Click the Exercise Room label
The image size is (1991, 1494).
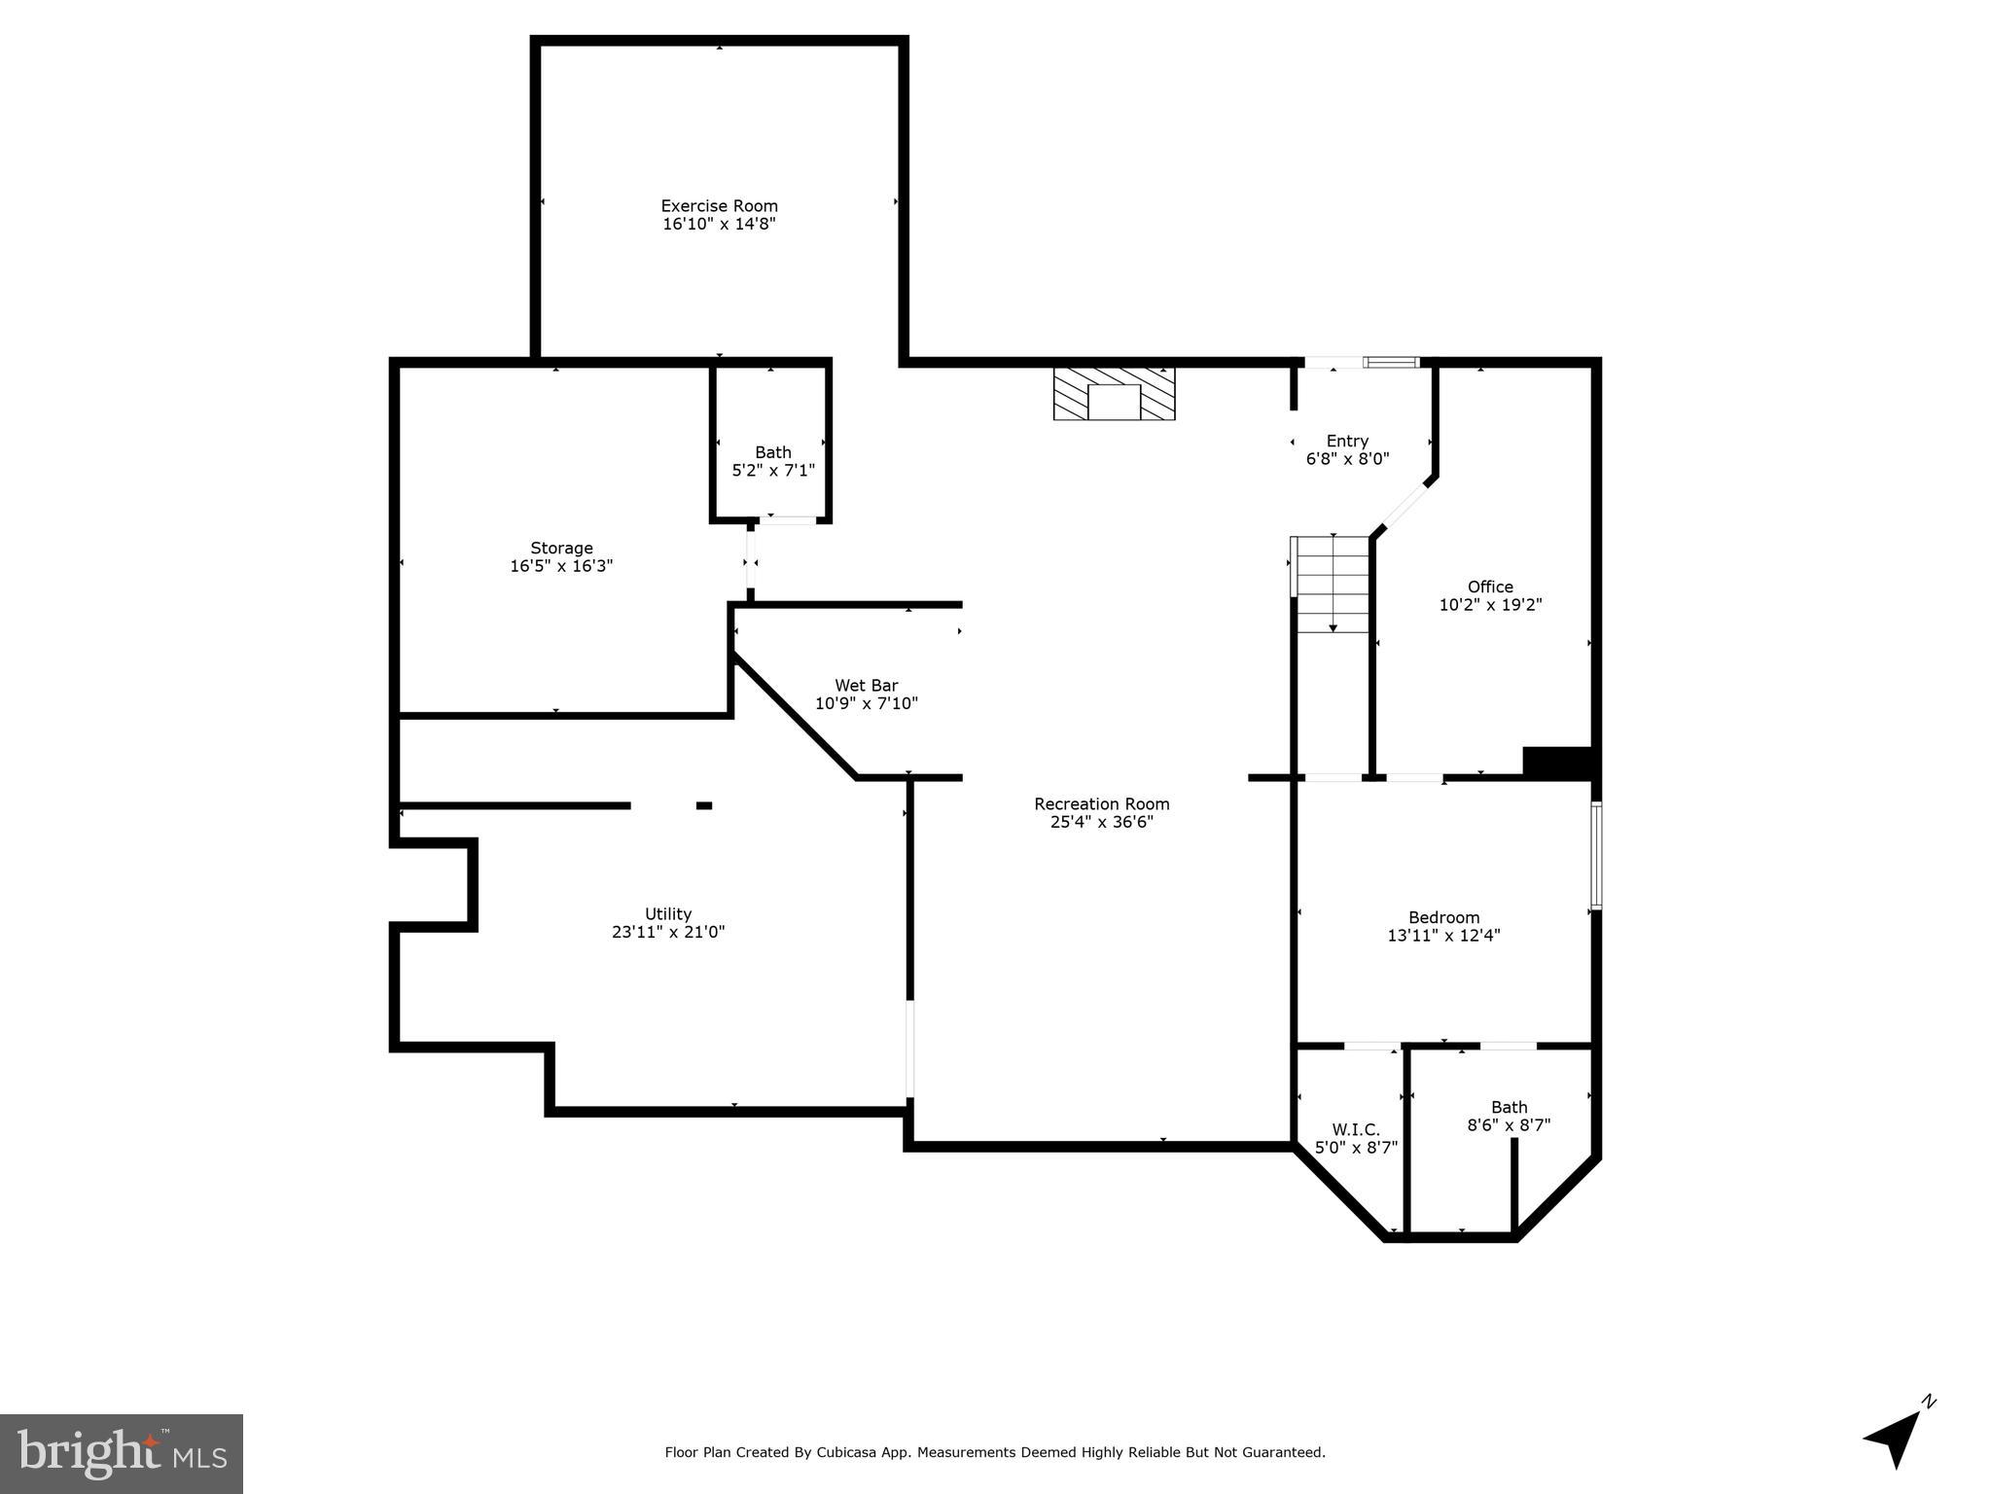[719, 206]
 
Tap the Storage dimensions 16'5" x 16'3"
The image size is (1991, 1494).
[561, 566]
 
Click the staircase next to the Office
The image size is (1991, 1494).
[1333, 584]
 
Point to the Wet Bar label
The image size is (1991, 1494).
[866, 686]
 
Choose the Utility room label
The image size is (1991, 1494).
[668, 914]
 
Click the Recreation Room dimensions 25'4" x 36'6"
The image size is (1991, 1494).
[1101, 822]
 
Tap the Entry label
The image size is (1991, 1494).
[1347, 442]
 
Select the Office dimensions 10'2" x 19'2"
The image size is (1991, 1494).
[1490, 605]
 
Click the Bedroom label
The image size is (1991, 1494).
[1443, 918]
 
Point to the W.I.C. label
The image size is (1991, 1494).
[1356, 1130]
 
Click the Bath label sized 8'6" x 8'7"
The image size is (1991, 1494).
[1509, 1108]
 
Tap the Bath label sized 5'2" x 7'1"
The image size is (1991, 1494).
[773, 452]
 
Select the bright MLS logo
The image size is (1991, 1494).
[122, 1453]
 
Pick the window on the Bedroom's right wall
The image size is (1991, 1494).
[1595, 856]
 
